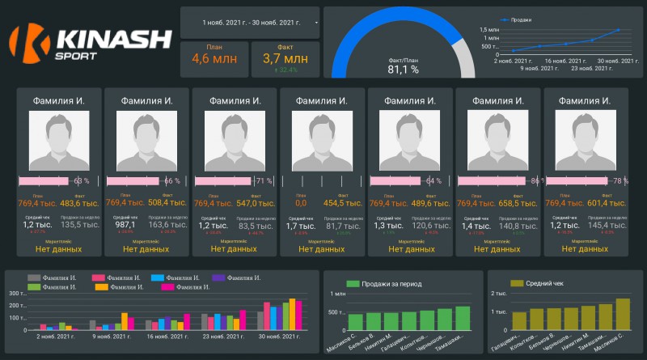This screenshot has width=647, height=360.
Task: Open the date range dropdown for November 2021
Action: [x=315, y=23]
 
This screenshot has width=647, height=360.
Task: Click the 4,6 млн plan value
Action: [x=214, y=57]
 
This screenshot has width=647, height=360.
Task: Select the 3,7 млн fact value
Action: [x=285, y=57]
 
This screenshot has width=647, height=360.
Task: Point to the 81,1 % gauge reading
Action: [x=403, y=69]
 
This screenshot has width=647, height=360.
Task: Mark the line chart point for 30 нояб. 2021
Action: [x=619, y=30]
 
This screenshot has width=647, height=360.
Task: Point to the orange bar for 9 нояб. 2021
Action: [x=124, y=320]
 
